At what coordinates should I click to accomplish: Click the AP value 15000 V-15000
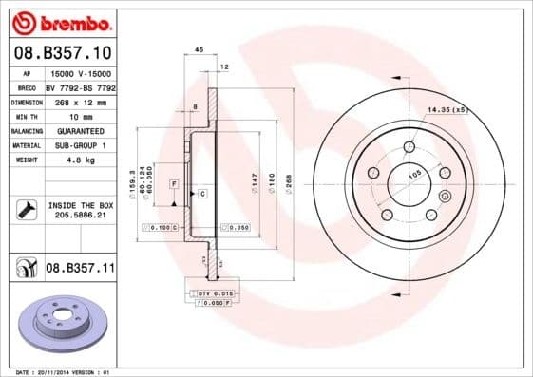pos(78,74)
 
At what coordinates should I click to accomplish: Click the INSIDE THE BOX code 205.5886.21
pos(80,217)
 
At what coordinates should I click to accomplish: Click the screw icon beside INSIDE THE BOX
pos(25,210)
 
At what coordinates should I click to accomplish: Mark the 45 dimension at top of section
pos(200,49)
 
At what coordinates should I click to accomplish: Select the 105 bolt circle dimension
pos(413,176)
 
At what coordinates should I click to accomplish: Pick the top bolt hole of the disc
pos(409,146)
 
